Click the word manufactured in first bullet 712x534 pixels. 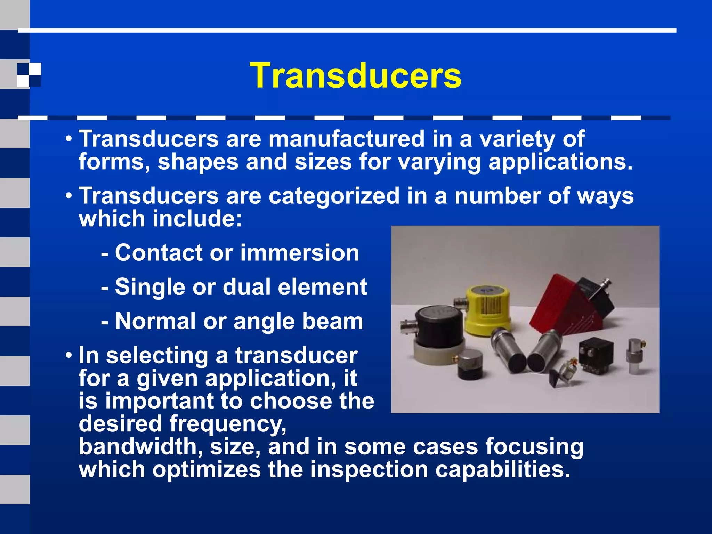point(346,139)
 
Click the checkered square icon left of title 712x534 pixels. point(29,74)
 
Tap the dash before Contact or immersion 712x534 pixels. point(105,254)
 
